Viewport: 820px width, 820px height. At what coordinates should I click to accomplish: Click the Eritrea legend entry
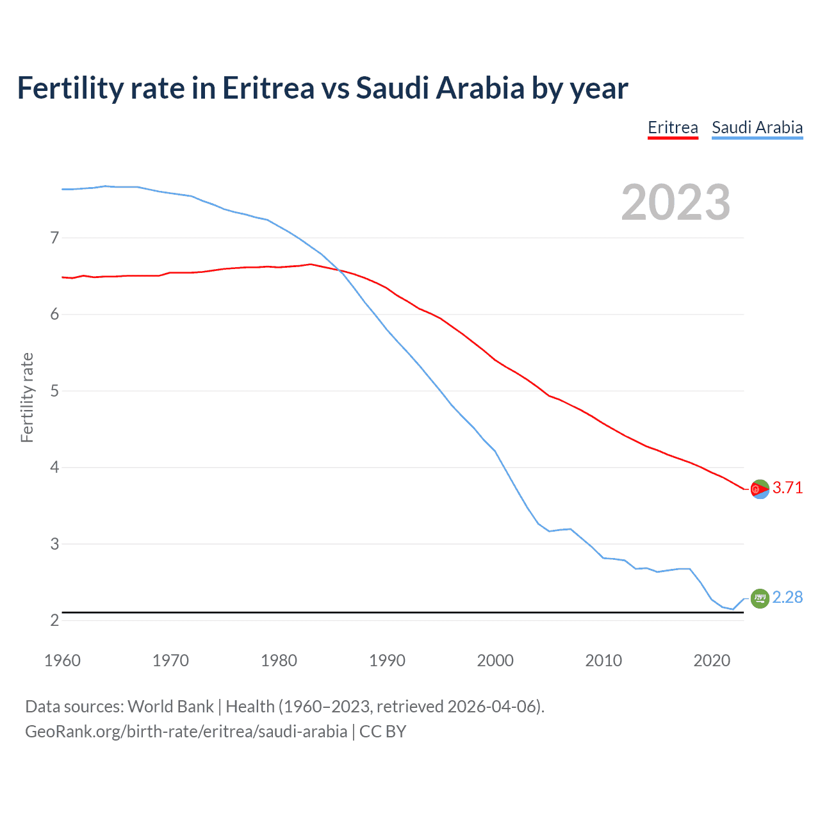pyautogui.click(x=673, y=127)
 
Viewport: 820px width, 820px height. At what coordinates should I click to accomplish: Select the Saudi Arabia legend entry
pyautogui.click(x=757, y=127)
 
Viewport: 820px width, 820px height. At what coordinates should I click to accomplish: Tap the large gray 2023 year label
pyautogui.click(x=676, y=202)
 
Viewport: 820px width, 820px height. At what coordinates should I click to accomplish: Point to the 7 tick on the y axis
pyautogui.click(x=54, y=238)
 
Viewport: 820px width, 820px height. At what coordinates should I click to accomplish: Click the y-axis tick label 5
pyautogui.click(x=54, y=391)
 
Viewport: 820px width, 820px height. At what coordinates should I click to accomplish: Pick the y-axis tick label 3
pyautogui.click(x=54, y=544)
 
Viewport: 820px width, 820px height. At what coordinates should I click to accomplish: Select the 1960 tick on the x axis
pyautogui.click(x=62, y=660)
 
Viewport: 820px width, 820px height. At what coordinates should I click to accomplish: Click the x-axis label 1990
pyautogui.click(x=387, y=660)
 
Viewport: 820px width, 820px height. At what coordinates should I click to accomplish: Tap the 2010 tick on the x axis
pyautogui.click(x=603, y=660)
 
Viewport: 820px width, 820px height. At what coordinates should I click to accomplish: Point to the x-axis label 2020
pyautogui.click(x=712, y=660)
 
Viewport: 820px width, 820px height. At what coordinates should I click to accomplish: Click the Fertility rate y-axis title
pyautogui.click(x=27, y=397)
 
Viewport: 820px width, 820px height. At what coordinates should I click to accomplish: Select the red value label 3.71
pyautogui.click(x=787, y=488)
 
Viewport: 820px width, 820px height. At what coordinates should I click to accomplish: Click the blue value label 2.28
pyautogui.click(x=787, y=598)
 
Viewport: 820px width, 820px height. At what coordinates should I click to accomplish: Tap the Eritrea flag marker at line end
pyautogui.click(x=760, y=489)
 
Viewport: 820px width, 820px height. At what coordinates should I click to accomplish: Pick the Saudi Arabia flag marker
pyautogui.click(x=760, y=598)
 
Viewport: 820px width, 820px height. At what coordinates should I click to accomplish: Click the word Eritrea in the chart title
pyautogui.click(x=268, y=88)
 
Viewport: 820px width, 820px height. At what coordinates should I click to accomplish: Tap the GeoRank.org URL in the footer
pyautogui.click(x=186, y=732)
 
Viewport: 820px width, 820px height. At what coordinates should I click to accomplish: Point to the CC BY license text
pyautogui.click(x=383, y=732)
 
